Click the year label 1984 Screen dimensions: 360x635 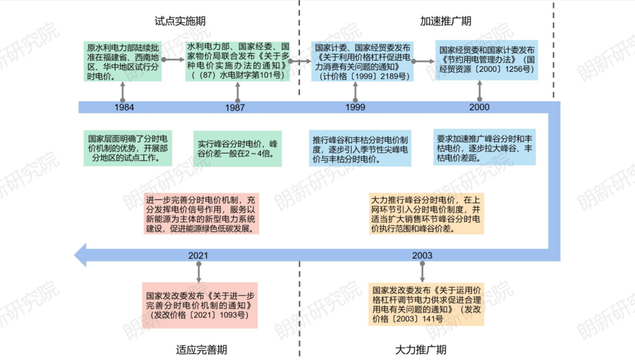point(124,108)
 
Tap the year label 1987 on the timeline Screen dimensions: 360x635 point(235,108)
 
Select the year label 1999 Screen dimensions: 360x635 point(355,108)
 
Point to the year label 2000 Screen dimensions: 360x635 point(479,107)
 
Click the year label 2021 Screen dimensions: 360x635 point(199,255)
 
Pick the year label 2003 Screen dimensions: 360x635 point(422,255)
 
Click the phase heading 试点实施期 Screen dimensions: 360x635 point(180,21)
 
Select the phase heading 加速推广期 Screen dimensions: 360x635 point(446,21)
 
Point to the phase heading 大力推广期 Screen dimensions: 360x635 point(420,349)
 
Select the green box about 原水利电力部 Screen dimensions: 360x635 point(123,61)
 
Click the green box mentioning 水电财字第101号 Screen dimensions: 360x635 point(238,61)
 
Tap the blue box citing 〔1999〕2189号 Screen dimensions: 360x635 point(362,61)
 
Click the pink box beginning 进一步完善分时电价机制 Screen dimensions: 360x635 point(201,214)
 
